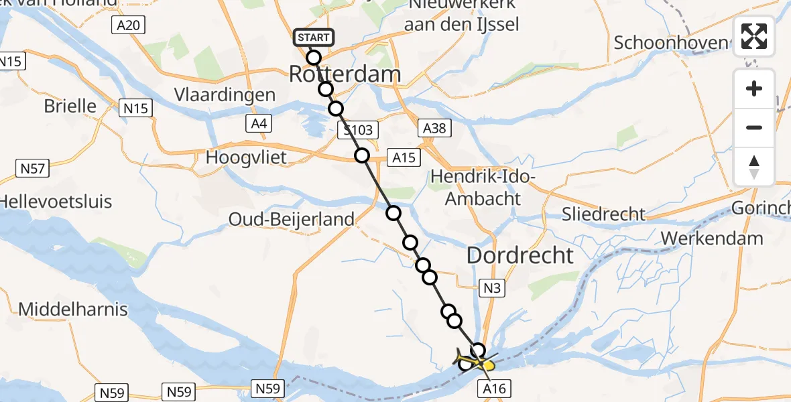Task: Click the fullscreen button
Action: [754, 36]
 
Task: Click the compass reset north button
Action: [754, 167]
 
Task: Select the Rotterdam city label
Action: [345, 74]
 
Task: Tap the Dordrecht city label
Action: [520, 255]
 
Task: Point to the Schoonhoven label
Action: [671, 43]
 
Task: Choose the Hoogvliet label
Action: [247, 158]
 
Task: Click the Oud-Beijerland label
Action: [292, 219]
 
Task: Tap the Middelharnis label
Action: [73, 310]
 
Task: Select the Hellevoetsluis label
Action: [56, 202]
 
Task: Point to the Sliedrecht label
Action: [603, 214]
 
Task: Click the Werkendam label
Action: [712, 239]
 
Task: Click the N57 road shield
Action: [32, 168]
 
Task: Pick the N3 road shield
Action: [491, 288]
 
